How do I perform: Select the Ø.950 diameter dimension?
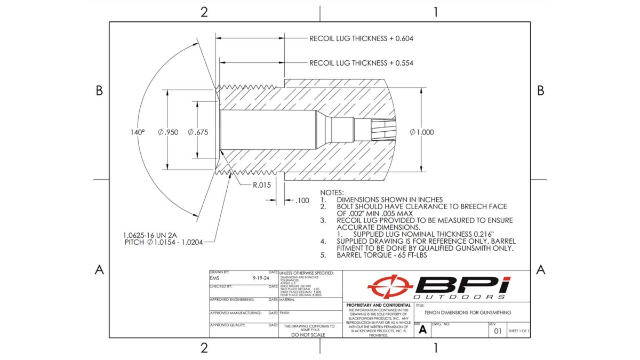(168, 132)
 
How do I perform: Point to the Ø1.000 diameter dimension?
(422, 132)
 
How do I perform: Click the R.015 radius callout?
(262, 185)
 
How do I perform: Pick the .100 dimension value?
(302, 201)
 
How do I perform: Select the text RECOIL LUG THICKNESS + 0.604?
(362, 38)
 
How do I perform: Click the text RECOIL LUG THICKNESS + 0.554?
(362, 63)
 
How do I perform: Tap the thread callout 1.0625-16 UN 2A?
(152, 234)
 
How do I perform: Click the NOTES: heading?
(332, 192)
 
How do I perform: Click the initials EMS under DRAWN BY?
(215, 278)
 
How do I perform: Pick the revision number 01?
(497, 331)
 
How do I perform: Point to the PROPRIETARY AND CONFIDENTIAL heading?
(378, 305)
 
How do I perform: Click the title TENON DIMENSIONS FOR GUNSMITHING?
(468, 313)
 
